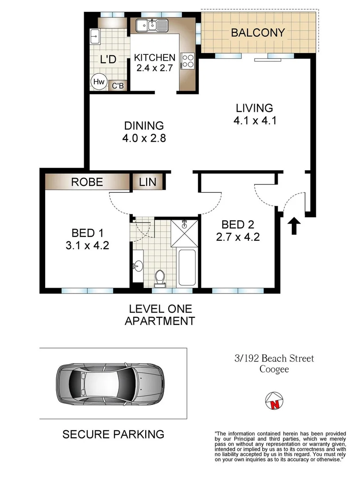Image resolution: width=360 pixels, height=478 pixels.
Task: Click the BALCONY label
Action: point(258,33)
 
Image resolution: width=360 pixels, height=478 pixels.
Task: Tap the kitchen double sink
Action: point(151,26)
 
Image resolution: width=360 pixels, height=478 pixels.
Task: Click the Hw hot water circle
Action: point(98,82)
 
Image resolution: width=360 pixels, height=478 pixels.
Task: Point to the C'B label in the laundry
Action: point(117,86)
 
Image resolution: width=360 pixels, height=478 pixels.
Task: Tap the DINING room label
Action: point(144,126)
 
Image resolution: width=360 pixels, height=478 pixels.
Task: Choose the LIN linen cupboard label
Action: point(147,182)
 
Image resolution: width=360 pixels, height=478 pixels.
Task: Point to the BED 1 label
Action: point(84,233)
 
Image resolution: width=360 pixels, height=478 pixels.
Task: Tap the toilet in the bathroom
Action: point(159,277)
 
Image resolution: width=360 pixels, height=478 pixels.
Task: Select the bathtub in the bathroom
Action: point(187,267)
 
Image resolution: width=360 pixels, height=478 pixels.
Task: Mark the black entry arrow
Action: point(293,224)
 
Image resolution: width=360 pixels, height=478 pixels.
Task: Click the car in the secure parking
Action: point(110,383)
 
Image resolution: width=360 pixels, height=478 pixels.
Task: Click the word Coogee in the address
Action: point(274,369)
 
